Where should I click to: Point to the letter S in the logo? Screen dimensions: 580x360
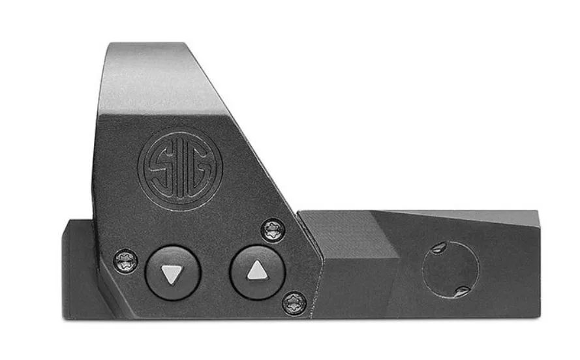click(159, 168)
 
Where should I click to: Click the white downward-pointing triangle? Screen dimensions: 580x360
click(172, 274)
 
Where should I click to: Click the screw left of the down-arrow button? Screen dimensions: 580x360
click(125, 262)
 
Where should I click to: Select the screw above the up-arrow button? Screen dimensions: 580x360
click(273, 231)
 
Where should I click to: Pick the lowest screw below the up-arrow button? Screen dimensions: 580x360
click(294, 303)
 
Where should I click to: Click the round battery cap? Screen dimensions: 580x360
click(451, 269)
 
